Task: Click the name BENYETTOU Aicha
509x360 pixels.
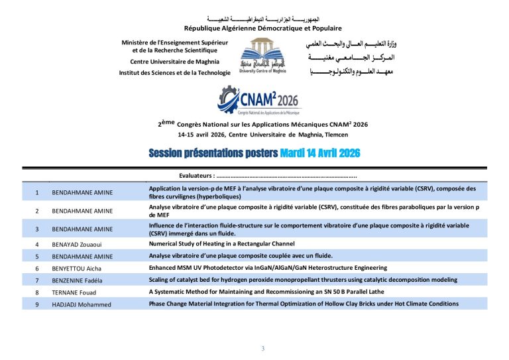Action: (x=77, y=269)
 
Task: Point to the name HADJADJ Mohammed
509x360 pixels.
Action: (x=82, y=304)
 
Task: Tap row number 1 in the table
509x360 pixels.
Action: (x=37, y=192)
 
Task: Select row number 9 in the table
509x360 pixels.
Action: (x=37, y=304)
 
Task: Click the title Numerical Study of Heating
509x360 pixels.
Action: (x=222, y=244)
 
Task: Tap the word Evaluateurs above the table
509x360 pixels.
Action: (x=196, y=176)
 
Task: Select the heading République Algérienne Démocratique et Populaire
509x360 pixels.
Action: (x=263, y=29)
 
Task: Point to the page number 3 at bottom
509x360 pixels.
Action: (x=262, y=349)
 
